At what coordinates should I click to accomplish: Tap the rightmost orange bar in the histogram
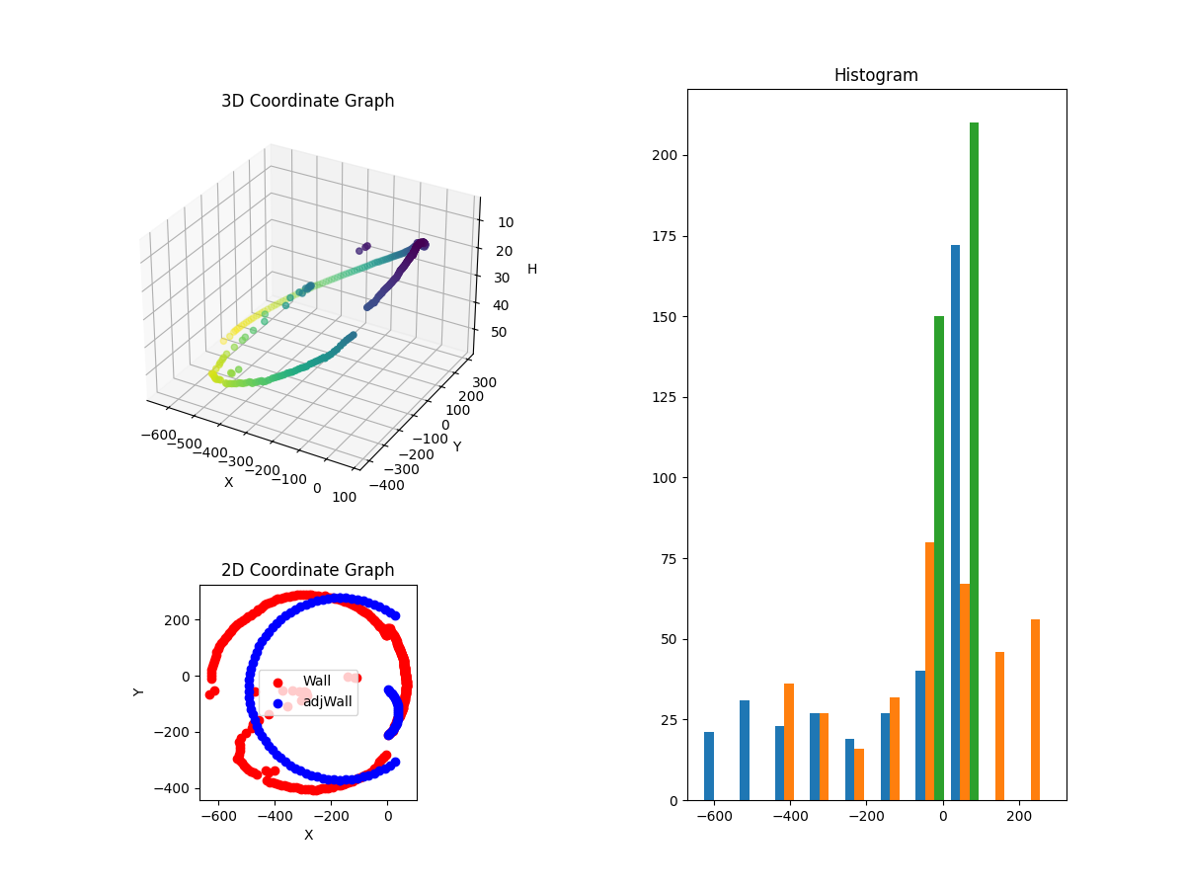click(x=1035, y=709)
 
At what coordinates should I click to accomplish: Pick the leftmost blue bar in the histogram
click(x=709, y=766)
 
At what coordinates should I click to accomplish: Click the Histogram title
click(x=876, y=75)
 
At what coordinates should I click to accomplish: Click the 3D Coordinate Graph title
click(x=307, y=101)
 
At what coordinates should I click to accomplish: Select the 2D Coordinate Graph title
click(x=307, y=570)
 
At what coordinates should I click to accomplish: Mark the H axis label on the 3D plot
click(x=532, y=269)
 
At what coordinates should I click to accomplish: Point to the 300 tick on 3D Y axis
click(x=484, y=382)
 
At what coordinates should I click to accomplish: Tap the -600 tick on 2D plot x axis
click(x=218, y=817)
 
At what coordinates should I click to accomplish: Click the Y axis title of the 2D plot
click(x=139, y=691)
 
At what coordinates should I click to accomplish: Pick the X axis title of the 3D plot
click(x=229, y=482)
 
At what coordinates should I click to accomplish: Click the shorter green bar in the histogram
click(x=938, y=558)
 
